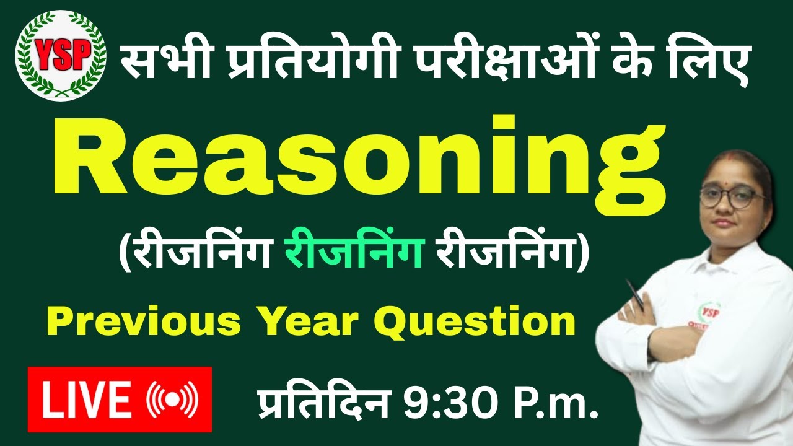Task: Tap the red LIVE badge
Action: point(120,399)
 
